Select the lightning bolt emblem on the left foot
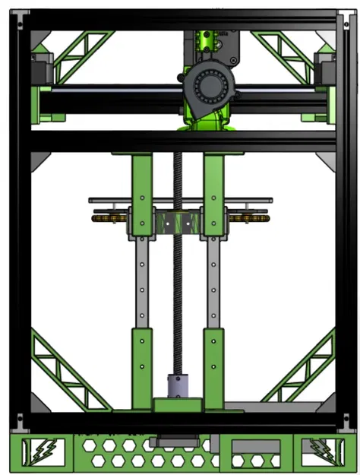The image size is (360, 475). (x=37, y=451)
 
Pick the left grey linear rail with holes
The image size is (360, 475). (x=141, y=281)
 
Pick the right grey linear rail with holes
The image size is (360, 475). (x=213, y=281)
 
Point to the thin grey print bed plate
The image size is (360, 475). (x=180, y=201)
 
